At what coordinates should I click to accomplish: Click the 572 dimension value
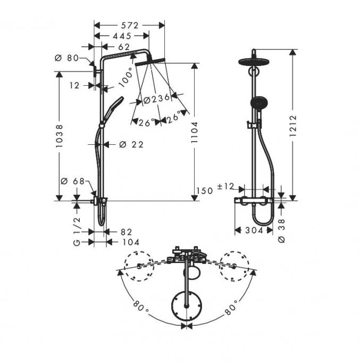click(x=130, y=26)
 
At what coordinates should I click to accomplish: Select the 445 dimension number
click(x=122, y=36)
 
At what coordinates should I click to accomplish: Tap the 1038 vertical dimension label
click(x=59, y=136)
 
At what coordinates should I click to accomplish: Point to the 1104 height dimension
click(x=195, y=132)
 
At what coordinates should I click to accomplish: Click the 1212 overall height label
click(x=292, y=126)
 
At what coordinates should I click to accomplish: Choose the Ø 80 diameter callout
click(x=67, y=58)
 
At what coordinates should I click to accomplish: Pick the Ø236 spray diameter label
click(x=156, y=99)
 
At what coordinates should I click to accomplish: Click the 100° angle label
click(x=126, y=77)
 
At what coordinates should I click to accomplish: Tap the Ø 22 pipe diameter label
click(x=131, y=145)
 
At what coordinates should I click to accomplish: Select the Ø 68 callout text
click(x=73, y=181)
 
